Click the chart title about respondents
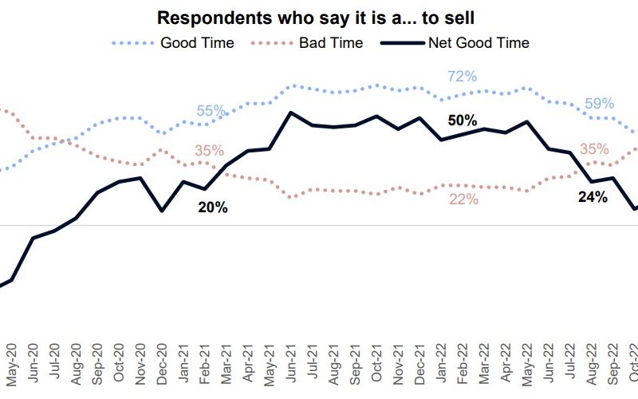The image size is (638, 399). click(x=316, y=18)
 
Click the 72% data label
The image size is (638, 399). click(x=462, y=77)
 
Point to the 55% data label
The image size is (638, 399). click(x=211, y=111)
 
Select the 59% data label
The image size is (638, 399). click(x=599, y=103)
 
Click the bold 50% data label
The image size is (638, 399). click(x=463, y=120)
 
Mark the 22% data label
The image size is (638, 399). click(x=463, y=199)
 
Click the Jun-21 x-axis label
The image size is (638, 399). click(x=291, y=364)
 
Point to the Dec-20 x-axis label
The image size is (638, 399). click(x=162, y=364)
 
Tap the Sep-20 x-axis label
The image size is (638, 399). click(x=97, y=364)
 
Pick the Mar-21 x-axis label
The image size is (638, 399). click(x=226, y=364)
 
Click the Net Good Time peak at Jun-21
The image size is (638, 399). click(x=291, y=113)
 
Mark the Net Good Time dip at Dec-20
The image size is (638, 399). click(x=162, y=211)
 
